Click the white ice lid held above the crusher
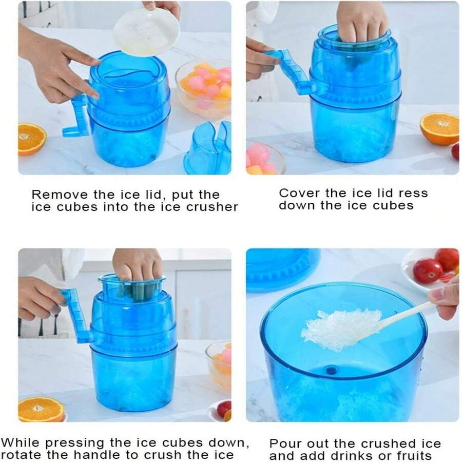[x=146, y=32]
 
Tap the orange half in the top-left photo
[x=32, y=139]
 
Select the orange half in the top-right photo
[x=439, y=129]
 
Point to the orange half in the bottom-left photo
[x=41, y=409]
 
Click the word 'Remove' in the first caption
[x=60, y=195]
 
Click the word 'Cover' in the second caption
[x=299, y=194]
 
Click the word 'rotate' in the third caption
[x=22, y=455]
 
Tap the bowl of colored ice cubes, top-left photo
[x=203, y=88]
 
